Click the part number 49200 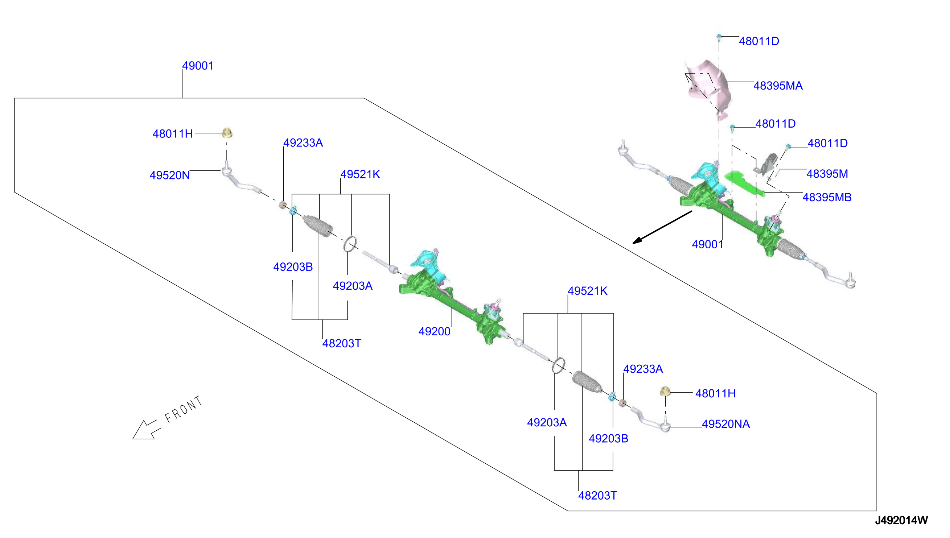[434, 331]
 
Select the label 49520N [169, 175]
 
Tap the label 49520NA [725, 424]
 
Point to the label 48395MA [778, 86]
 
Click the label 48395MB [827, 197]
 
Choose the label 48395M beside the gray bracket [827, 174]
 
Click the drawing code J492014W [901, 520]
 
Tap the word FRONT [184, 410]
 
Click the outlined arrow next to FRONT [146, 430]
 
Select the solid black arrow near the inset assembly [662, 228]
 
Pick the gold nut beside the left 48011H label [227, 133]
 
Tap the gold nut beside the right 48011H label [665, 391]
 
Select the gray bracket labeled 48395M [766, 165]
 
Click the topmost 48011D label [758, 41]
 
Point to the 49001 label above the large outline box [198, 66]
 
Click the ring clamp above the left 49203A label [350, 244]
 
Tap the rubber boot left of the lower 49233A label [587, 381]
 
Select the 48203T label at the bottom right [597, 496]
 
